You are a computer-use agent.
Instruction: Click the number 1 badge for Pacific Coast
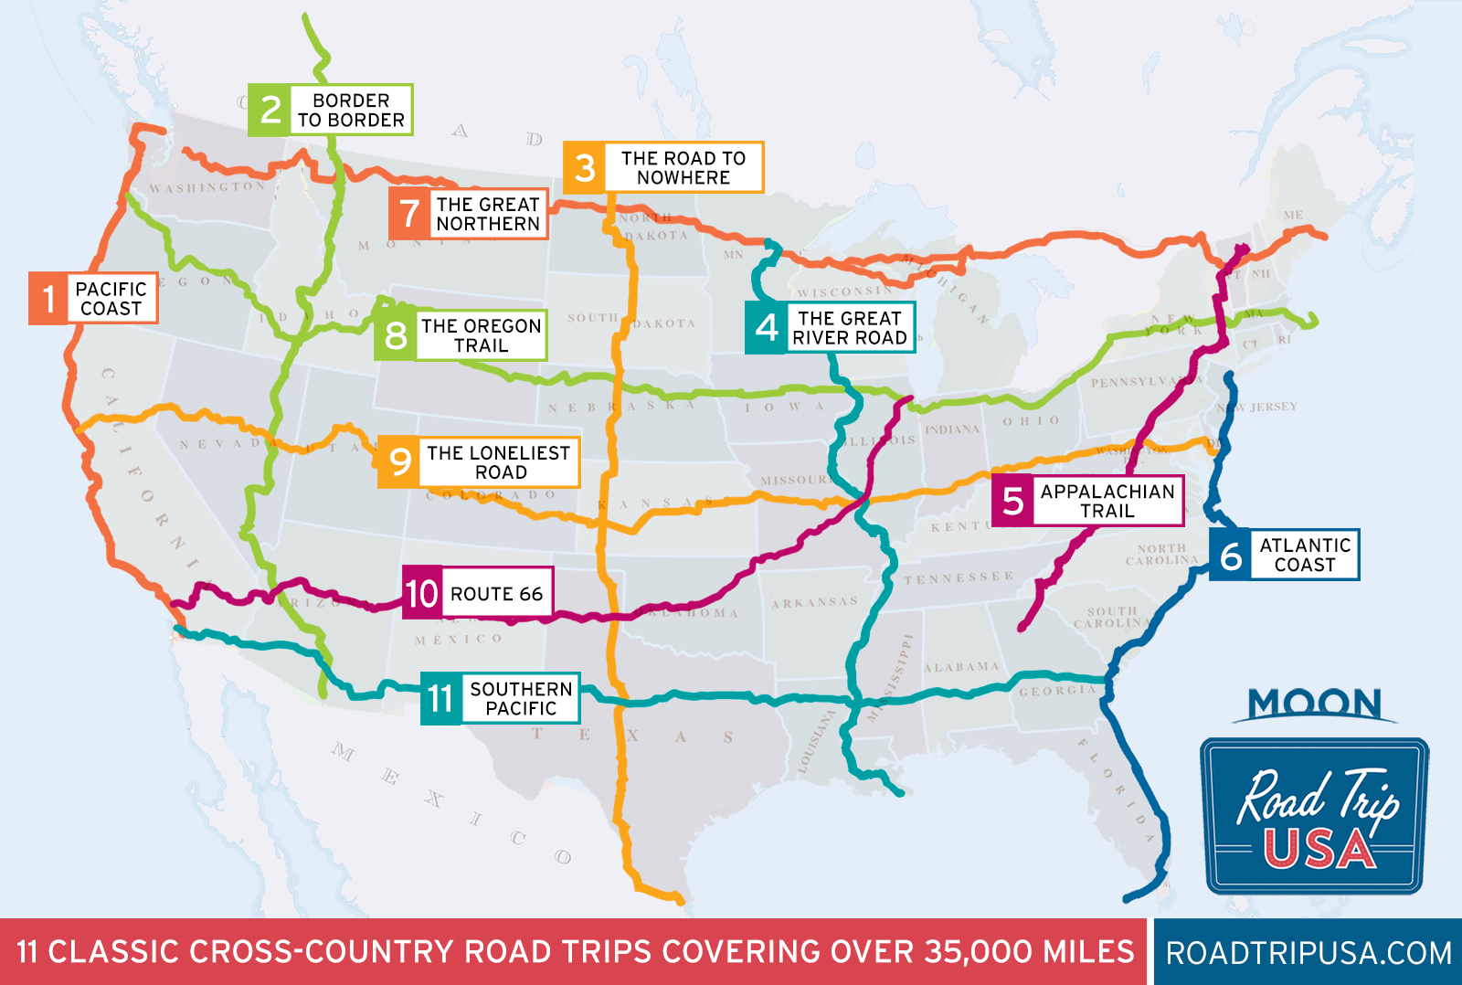pos(48,298)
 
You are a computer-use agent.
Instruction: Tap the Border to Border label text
pos(351,111)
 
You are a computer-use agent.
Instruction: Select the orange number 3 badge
pos(585,167)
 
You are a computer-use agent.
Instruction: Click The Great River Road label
pos(850,328)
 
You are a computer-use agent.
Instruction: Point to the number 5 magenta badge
pos(1012,501)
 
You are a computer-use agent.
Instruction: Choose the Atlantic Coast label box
pos(1304,555)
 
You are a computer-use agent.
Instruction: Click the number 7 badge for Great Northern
pos(409,214)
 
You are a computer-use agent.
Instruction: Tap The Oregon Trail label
pos(481,335)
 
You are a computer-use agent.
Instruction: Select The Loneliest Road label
pos(499,462)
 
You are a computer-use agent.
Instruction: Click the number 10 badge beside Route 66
pos(422,593)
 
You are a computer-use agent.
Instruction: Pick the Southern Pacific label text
pos(521,699)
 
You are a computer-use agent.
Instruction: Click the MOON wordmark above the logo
pos(1315,704)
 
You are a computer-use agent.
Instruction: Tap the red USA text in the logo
pos(1319,850)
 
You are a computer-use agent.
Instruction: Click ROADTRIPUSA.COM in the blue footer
pos(1308,953)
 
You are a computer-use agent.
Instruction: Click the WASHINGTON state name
pos(207,187)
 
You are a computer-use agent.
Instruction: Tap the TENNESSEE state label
pos(959,577)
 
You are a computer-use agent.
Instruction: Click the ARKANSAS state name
pos(814,603)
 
